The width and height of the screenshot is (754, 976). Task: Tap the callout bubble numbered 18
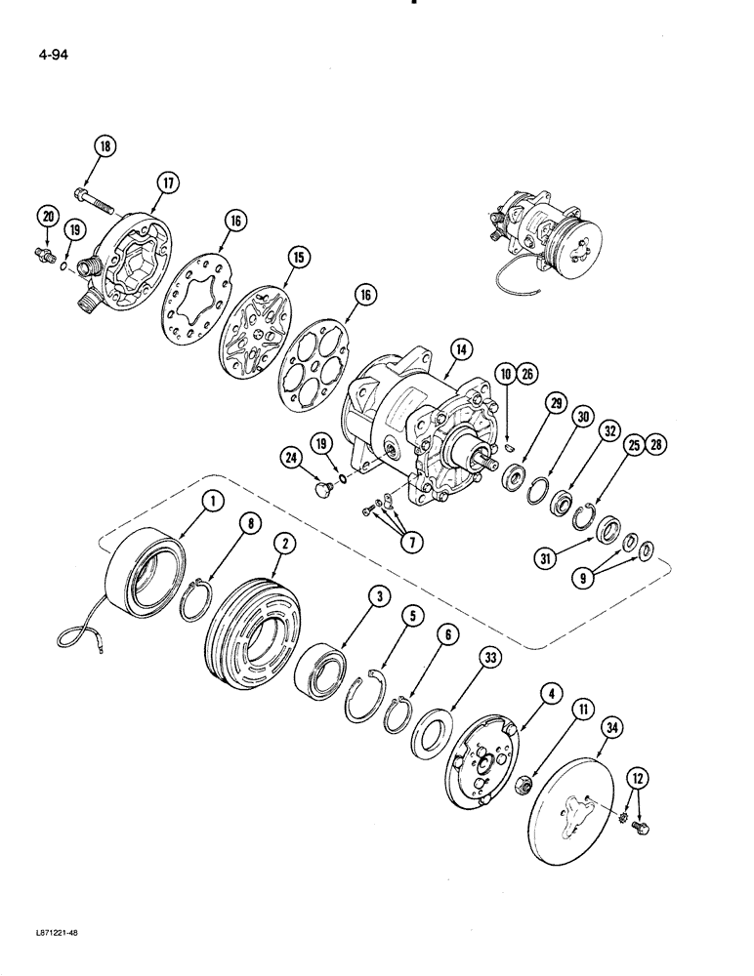pyautogui.click(x=105, y=146)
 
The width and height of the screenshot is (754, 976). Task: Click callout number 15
pyautogui.click(x=298, y=257)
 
